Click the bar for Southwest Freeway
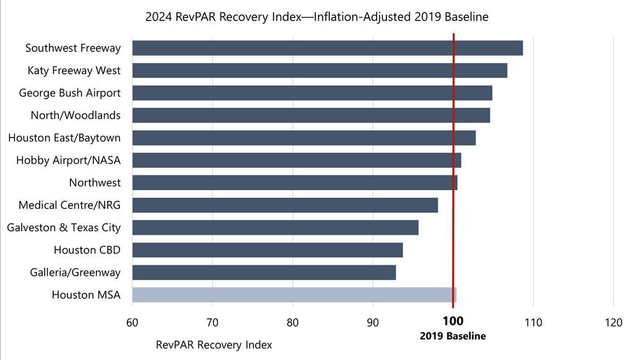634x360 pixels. tap(327, 48)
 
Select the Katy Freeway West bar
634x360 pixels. tap(319, 71)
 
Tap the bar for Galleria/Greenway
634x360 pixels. tap(264, 273)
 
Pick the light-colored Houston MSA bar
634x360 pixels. tap(293, 295)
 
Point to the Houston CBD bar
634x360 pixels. tap(267, 250)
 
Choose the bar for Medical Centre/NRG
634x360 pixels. tap(285, 205)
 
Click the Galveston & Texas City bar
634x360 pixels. tap(275, 227)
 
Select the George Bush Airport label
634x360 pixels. tap(69, 93)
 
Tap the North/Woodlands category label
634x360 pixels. tap(76, 115)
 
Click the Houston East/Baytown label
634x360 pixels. tap(64, 138)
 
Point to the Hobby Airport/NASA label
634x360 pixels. tap(68, 160)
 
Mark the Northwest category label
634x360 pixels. tap(95, 183)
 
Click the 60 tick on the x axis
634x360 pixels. tap(132, 322)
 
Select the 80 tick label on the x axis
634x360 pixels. tap(293, 322)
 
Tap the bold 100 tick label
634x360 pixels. tap(453, 322)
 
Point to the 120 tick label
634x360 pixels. tap(614, 322)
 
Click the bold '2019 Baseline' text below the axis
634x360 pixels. tap(453, 336)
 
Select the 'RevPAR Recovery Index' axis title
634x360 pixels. tap(214, 345)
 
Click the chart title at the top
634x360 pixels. tap(317, 17)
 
